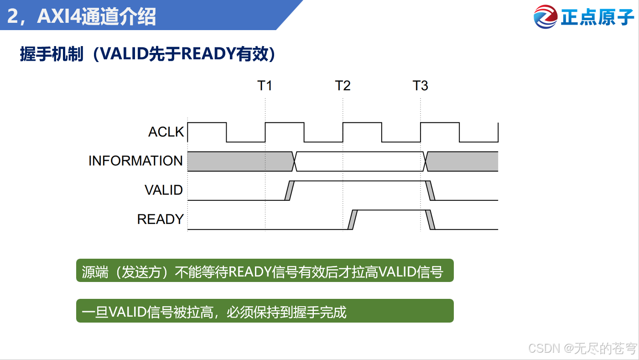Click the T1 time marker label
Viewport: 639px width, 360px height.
pyautogui.click(x=265, y=85)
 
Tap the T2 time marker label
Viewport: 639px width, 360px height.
pyautogui.click(x=343, y=85)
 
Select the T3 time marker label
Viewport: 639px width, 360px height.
pyautogui.click(x=420, y=85)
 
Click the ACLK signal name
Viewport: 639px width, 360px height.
pyautogui.click(x=166, y=132)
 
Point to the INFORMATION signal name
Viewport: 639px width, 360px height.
pyautogui.click(x=135, y=161)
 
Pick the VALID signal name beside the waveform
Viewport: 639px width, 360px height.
pyautogui.click(x=163, y=190)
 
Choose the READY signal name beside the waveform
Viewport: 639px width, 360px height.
pyautogui.click(x=160, y=219)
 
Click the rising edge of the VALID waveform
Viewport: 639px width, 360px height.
pyautogui.click(x=288, y=190)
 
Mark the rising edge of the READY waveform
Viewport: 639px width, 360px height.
pyautogui.click(x=352, y=219)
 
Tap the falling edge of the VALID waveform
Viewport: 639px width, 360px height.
pyautogui.click(x=430, y=190)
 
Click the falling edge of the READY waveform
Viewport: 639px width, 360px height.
pyautogui.click(x=430, y=219)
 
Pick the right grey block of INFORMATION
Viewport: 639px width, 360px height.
pyautogui.click(x=462, y=161)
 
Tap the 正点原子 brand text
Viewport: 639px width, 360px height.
pyautogui.click(x=597, y=17)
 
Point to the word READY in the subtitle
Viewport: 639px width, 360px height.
pyautogui.click(x=208, y=54)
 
